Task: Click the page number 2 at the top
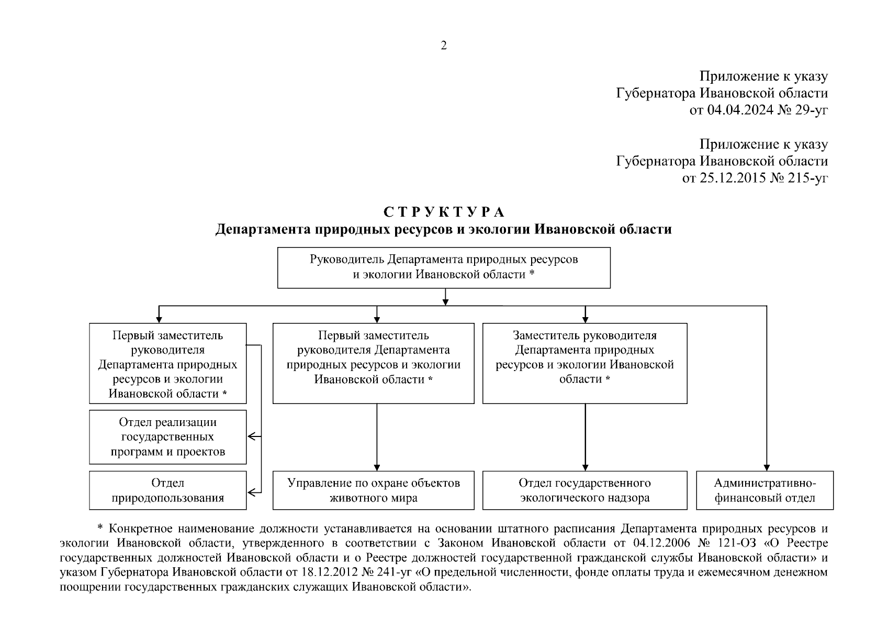(x=444, y=46)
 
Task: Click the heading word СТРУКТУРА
(x=444, y=212)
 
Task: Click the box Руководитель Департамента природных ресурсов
(x=444, y=267)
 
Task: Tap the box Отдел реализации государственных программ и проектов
(x=167, y=437)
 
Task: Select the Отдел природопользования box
(x=167, y=490)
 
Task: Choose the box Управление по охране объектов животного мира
(x=373, y=490)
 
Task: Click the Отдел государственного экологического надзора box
(x=584, y=490)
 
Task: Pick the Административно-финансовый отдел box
(x=765, y=490)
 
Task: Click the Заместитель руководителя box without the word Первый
(x=584, y=363)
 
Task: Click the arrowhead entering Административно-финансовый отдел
(x=767, y=467)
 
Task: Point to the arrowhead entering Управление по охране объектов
(x=377, y=467)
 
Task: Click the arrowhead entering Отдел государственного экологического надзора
(x=585, y=467)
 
